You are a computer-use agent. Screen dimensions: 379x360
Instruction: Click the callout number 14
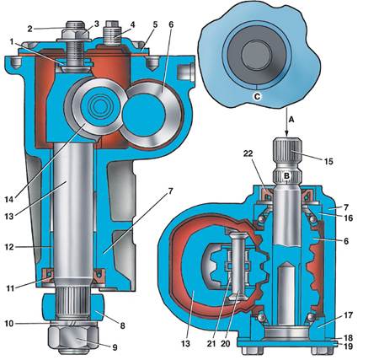[9, 199]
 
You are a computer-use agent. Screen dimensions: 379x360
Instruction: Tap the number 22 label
[248, 153]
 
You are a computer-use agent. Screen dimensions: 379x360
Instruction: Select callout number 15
[328, 161]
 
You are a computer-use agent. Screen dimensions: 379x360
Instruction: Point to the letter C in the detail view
[257, 96]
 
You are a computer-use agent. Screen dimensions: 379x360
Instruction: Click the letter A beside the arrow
[291, 120]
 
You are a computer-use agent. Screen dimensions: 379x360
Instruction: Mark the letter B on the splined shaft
[286, 176]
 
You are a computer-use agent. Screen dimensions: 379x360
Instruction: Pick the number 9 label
[115, 347]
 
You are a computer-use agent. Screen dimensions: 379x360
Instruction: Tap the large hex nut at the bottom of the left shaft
[73, 337]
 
